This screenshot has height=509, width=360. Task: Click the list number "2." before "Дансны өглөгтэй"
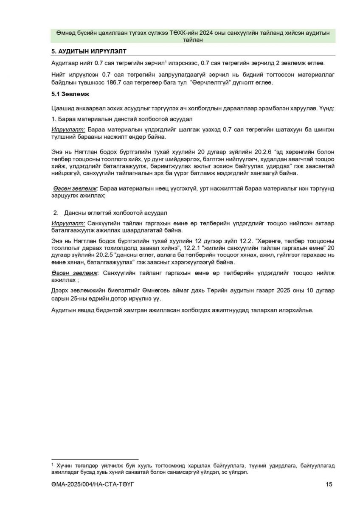coord(56,213)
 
